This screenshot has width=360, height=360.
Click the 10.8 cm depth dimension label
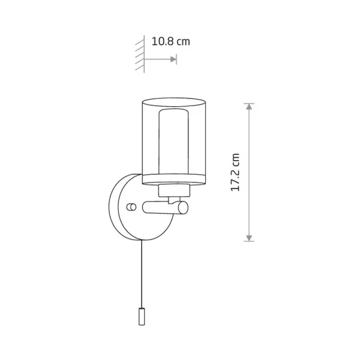(171, 41)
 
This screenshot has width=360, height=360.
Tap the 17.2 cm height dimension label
(235, 172)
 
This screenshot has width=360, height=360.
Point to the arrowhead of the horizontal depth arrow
(173, 59)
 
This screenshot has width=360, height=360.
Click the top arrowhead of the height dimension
(249, 107)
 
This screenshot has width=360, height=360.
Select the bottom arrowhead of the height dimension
(249, 238)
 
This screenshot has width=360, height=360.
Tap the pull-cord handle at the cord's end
(142, 316)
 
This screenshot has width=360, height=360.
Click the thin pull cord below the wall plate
(142, 274)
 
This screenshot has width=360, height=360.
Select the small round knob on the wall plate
(131, 207)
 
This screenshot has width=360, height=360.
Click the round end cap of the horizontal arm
(184, 208)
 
